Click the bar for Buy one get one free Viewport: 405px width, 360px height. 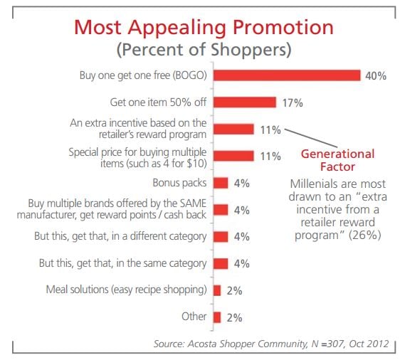pos(287,75)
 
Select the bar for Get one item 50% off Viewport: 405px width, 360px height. pos(245,102)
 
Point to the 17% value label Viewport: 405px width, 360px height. pos(291,102)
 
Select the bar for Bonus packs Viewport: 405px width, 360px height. pos(221,183)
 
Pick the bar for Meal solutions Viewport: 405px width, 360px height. pos(217,290)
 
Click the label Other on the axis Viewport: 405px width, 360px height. pos(194,317)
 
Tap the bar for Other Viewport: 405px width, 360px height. pos(217,317)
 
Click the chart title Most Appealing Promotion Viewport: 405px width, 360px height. pos(204,28)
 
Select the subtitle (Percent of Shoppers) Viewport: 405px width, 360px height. pos(204,51)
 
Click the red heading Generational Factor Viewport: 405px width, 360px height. pos(337,160)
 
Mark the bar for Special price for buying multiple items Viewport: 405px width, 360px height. pos(233,156)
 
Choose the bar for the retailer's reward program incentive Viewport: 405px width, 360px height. pos(233,129)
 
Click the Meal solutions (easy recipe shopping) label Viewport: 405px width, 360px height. pos(126,290)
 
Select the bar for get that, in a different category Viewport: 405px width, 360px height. pos(221,236)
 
